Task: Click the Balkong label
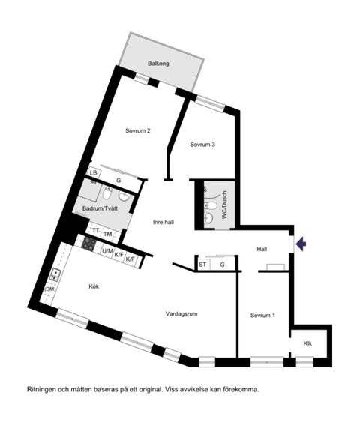pos(158,64)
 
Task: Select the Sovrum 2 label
pos(138,130)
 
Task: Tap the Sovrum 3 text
pos(202,145)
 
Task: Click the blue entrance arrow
pos(301,243)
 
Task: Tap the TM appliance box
pos(108,234)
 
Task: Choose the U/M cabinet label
pos(107,251)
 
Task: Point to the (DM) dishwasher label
pos(51,289)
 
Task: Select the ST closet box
pos(202,265)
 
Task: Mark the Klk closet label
pos(307,343)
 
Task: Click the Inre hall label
pos(163,222)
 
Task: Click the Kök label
pos(94,286)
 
